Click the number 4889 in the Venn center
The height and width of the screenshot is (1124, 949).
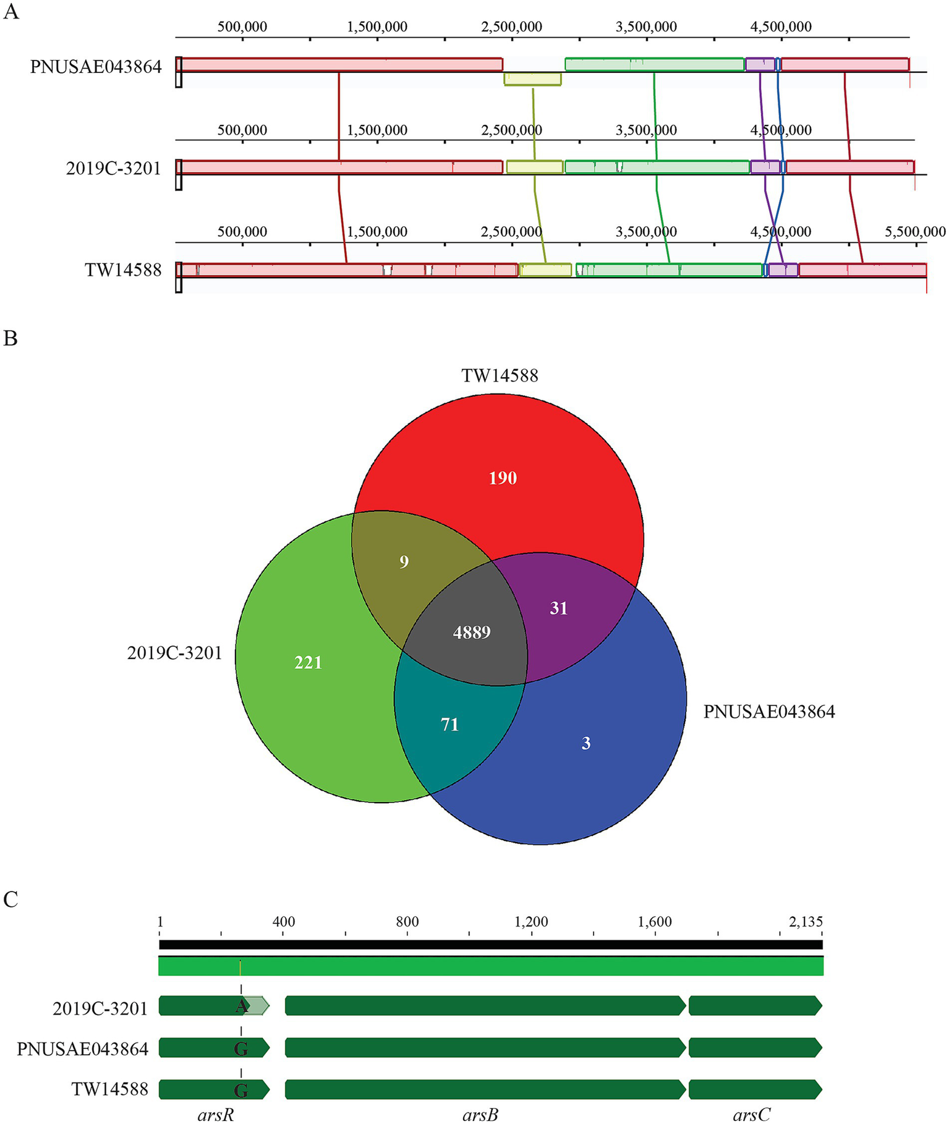pos(472,632)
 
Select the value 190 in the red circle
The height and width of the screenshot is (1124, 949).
pos(503,478)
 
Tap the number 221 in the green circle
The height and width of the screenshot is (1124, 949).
pos(308,663)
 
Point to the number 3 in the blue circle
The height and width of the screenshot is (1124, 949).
pos(586,743)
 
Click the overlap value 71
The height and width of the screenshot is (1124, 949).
pos(449,724)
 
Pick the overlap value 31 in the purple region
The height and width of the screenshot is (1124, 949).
pos(559,608)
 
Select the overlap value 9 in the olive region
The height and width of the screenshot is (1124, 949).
pos(404,562)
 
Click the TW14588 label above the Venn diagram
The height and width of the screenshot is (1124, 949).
pos(500,375)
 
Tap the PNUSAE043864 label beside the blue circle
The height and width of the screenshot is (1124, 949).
pos(769,712)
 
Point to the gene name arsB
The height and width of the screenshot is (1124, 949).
pos(480,1114)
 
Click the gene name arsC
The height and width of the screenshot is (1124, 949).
pos(751,1114)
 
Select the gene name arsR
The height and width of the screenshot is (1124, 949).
pos(216,1114)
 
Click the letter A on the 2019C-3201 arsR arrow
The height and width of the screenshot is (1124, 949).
pos(241,1007)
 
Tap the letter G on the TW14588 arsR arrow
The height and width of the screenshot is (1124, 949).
pos(241,1091)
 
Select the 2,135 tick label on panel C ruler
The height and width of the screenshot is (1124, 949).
pos(806,922)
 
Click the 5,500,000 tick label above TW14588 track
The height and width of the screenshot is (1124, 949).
pos(915,232)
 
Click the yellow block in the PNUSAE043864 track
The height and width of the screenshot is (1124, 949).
pos(532,79)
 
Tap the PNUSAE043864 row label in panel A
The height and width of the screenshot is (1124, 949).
pos(96,67)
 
